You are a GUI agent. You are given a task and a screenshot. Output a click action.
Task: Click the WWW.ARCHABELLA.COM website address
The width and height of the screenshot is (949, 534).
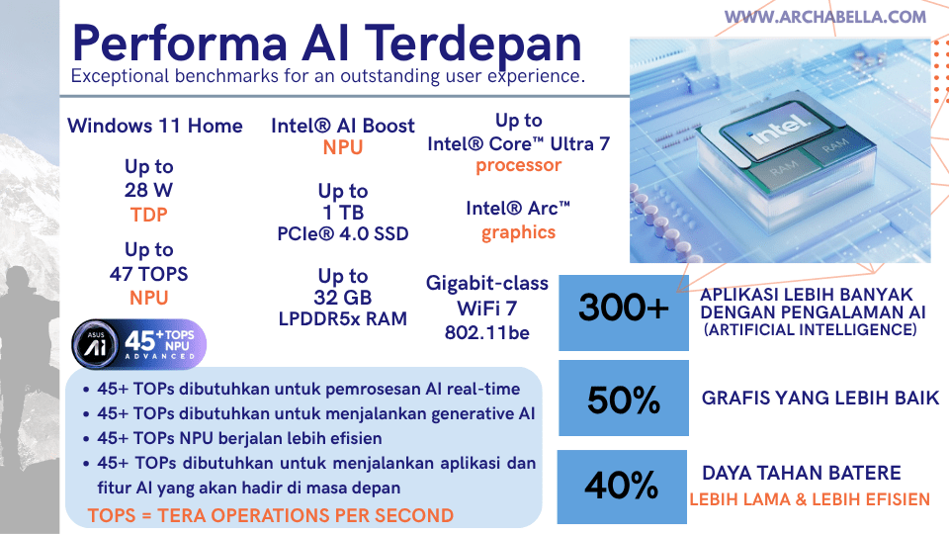(825, 17)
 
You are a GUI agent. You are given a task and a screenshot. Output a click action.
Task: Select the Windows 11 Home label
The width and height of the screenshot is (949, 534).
(154, 126)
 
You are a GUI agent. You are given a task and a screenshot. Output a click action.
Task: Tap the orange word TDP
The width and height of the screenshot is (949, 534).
(148, 214)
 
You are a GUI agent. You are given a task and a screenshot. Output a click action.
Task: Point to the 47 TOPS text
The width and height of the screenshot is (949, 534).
(148, 274)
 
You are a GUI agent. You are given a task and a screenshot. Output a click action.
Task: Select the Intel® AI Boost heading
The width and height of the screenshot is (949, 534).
(343, 126)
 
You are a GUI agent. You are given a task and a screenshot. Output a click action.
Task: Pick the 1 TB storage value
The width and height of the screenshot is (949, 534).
(343, 213)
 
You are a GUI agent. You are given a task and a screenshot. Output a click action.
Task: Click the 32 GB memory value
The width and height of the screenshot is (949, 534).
(343, 298)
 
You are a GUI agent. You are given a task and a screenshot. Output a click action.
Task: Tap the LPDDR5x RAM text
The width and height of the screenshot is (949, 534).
(343, 318)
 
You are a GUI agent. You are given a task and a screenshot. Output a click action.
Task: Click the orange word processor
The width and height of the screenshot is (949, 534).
(518, 165)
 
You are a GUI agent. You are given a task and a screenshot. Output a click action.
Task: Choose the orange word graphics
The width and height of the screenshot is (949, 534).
(518, 232)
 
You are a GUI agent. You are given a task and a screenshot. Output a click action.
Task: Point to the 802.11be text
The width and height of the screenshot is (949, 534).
(486, 332)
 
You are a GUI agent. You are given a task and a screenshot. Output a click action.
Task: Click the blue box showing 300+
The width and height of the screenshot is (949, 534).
(623, 310)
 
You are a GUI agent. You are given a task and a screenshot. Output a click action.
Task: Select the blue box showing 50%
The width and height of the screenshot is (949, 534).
(623, 400)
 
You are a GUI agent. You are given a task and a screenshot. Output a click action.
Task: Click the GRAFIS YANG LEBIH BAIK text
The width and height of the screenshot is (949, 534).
(820, 399)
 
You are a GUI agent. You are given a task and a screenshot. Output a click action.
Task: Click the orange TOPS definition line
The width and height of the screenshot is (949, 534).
(270, 515)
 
